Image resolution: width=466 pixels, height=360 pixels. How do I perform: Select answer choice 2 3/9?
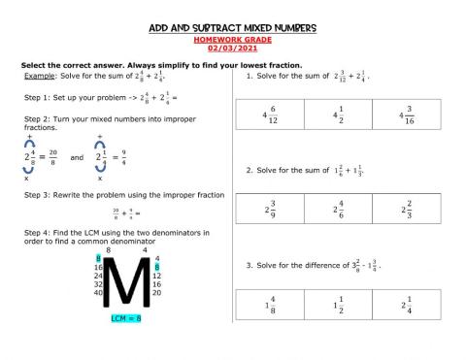(x=271, y=209)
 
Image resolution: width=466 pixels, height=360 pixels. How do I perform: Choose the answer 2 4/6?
(x=339, y=209)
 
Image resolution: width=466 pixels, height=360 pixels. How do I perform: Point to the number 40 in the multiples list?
(x=98, y=292)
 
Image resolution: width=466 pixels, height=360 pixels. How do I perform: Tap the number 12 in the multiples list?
(x=157, y=275)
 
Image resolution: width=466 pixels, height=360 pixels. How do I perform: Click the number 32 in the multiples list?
(x=98, y=283)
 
